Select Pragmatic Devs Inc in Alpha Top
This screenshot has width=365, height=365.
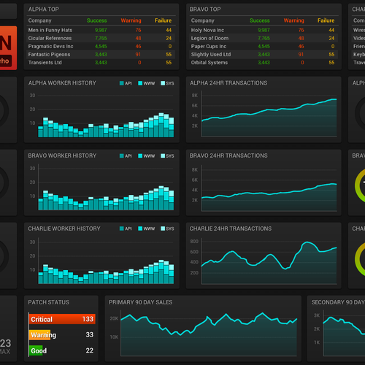click(x=49, y=46)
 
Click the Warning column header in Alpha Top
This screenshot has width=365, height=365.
click(x=131, y=20)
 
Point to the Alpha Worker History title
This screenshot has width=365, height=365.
click(x=62, y=83)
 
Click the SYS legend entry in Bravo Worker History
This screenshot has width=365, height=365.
click(x=169, y=155)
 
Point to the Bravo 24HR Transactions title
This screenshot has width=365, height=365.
click(x=228, y=155)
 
